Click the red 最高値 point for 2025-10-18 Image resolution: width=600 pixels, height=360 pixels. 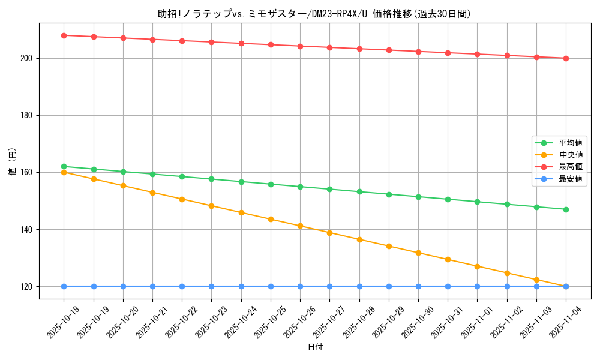tap(64, 35)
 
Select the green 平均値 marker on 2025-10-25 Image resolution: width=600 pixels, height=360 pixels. tap(271, 184)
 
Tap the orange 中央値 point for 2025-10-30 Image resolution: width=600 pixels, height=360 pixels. tap(418, 253)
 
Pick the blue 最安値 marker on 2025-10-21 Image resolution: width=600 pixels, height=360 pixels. tap(152, 286)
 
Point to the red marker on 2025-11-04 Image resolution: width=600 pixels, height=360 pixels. tap(566, 58)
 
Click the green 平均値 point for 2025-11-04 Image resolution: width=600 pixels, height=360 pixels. tap(566, 209)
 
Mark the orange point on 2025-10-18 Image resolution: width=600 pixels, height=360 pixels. tap(64, 172)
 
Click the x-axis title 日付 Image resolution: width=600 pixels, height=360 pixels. tap(315, 347)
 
